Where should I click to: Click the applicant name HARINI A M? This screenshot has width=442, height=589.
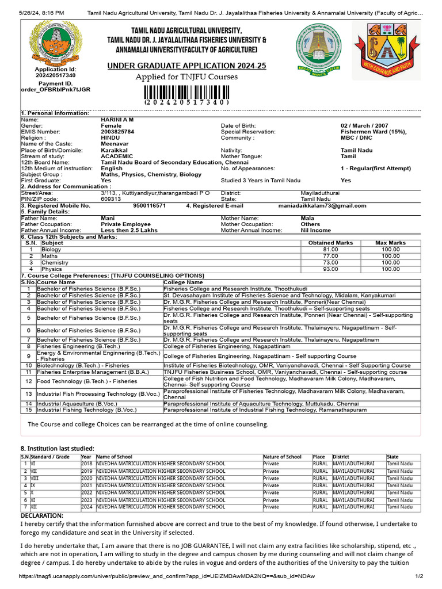[117, 119]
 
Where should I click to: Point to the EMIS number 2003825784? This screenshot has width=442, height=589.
[117, 132]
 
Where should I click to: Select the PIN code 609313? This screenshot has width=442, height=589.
[111, 198]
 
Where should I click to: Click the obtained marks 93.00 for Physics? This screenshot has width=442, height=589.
[330, 269]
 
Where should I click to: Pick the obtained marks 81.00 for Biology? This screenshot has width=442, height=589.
[330, 250]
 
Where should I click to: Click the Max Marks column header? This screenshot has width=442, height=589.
[390, 243]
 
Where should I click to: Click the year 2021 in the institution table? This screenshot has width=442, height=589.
[86, 485]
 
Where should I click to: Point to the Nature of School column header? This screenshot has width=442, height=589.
[282, 457]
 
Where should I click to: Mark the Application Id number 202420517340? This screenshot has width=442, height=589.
[55, 75]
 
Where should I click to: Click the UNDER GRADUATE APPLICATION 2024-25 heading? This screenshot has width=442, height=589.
[186, 66]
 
